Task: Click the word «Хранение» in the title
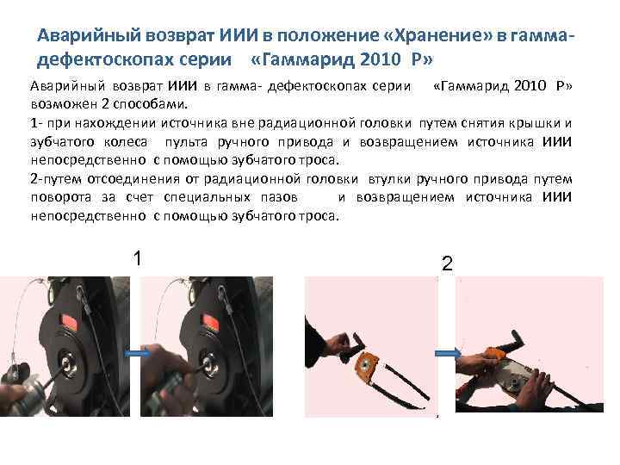437,36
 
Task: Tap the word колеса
126,142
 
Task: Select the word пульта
186,142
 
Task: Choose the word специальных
208,197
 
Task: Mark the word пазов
279,197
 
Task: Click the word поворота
61,197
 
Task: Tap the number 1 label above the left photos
137,258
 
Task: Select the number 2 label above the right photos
447,263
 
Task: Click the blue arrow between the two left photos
137,353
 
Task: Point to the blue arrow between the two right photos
448,353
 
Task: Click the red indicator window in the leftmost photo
69,321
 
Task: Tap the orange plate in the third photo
368,367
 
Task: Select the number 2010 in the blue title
381,59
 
